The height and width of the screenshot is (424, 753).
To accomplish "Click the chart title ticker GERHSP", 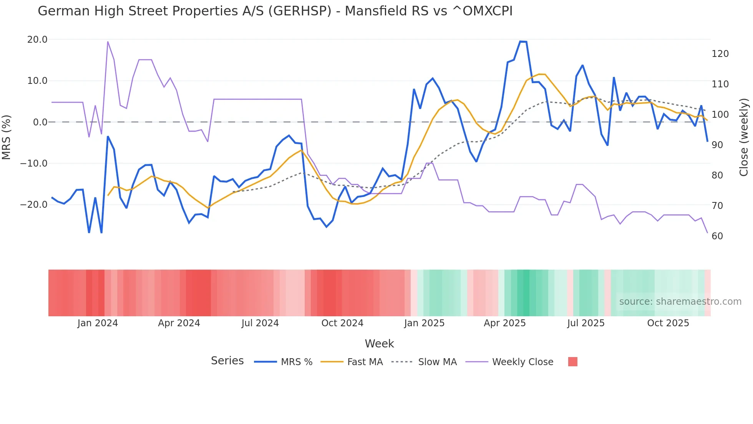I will tap(299, 11).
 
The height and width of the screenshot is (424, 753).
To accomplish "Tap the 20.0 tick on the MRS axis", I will tap(37, 40).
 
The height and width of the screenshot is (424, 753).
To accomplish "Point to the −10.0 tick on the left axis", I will tap(34, 164).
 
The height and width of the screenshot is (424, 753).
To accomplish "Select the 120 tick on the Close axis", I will tap(720, 54).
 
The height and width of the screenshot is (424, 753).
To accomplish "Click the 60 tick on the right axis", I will tap(717, 236).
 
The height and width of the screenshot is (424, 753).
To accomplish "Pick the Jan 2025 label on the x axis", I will tap(424, 323).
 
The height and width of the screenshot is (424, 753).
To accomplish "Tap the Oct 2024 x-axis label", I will tap(342, 323).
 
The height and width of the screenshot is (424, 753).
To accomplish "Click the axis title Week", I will tap(379, 344).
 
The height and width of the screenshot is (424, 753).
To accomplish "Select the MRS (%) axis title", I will tap(7, 137).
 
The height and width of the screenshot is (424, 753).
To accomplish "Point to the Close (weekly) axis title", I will tap(744, 137).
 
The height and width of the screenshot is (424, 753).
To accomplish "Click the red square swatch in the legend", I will tap(572, 362).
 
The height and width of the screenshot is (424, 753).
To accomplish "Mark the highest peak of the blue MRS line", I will tap(523, 42).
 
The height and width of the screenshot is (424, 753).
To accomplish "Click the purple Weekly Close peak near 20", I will tap(108, 42).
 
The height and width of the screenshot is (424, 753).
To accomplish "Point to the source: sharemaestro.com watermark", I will tap(680, 302).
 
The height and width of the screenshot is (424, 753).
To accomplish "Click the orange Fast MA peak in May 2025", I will tap(542, 74).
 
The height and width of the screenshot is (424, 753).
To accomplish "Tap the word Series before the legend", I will tap(227, 361).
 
